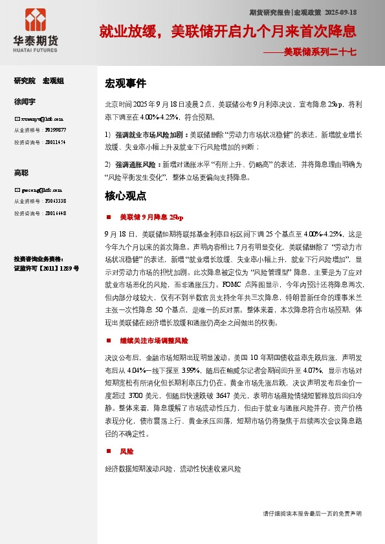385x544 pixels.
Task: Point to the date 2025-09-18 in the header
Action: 340,12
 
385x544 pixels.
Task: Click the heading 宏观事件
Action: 126,84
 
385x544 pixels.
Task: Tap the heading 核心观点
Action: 126,196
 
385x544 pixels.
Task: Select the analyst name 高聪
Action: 21,173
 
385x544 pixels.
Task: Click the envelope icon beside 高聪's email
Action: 17,191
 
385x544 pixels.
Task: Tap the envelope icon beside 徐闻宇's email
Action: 17,119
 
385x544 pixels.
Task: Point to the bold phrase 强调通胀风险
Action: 137,164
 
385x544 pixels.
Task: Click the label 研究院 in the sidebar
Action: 25,81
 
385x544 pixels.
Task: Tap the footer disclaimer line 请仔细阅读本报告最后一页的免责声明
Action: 312,513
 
